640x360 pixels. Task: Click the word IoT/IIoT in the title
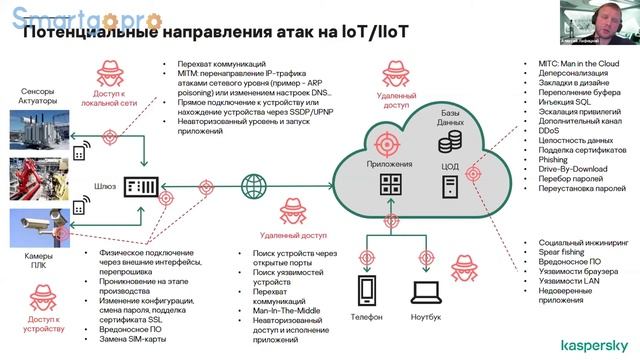(366, 31)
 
